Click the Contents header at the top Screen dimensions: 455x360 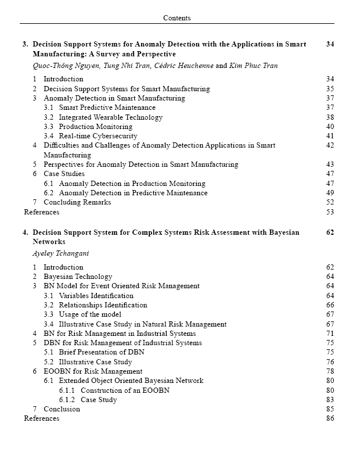click(x=177, y=18)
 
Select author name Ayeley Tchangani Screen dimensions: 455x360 click(x=61, y=254)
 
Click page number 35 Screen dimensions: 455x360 click(x=330, y=89)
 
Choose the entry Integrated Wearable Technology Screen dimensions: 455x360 click(x=110, y=117)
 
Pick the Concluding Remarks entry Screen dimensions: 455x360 click(x=77, y=202)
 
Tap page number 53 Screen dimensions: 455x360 click(x=330, y=212)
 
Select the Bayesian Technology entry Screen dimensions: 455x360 click(x=78, y=277)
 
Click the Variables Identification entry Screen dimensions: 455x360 click(x=96, y=296)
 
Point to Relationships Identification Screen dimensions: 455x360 click(x=103, y=305)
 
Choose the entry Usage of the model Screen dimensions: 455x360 click(x=90, y=314)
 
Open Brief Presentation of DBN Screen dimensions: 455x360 click(x=102, y=352)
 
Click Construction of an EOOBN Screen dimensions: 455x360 click(x=125, y=390)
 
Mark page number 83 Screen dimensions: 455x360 click(x=330, y=400)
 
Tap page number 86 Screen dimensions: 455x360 click(x=330, y=418)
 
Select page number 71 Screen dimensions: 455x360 click(x=330, y=334)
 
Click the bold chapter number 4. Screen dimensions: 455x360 click(x=25, y=232)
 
